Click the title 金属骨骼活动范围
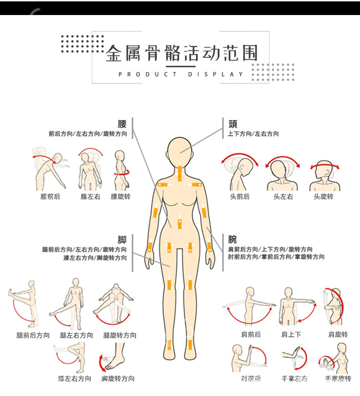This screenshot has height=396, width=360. click(x=181, y=53)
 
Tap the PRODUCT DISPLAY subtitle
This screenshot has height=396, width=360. click(x=181, y=74)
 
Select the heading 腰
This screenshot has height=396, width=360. click(x=122, y=124)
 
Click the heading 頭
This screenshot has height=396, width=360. click(x=233, y=124)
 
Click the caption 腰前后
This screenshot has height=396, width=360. click(x=50, y=197)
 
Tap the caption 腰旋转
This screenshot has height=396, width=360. click(x=120, y=197)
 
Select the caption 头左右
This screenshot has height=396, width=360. click(x=283, y=197)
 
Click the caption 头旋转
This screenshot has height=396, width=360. click(x=324, y=197)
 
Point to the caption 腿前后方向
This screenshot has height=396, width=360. click(x=33, y=335)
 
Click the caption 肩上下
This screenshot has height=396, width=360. click(x=291, y=334)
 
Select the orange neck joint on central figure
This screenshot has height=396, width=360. click(x=180, y=172)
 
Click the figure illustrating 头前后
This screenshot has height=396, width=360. click(x=239, y=173)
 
